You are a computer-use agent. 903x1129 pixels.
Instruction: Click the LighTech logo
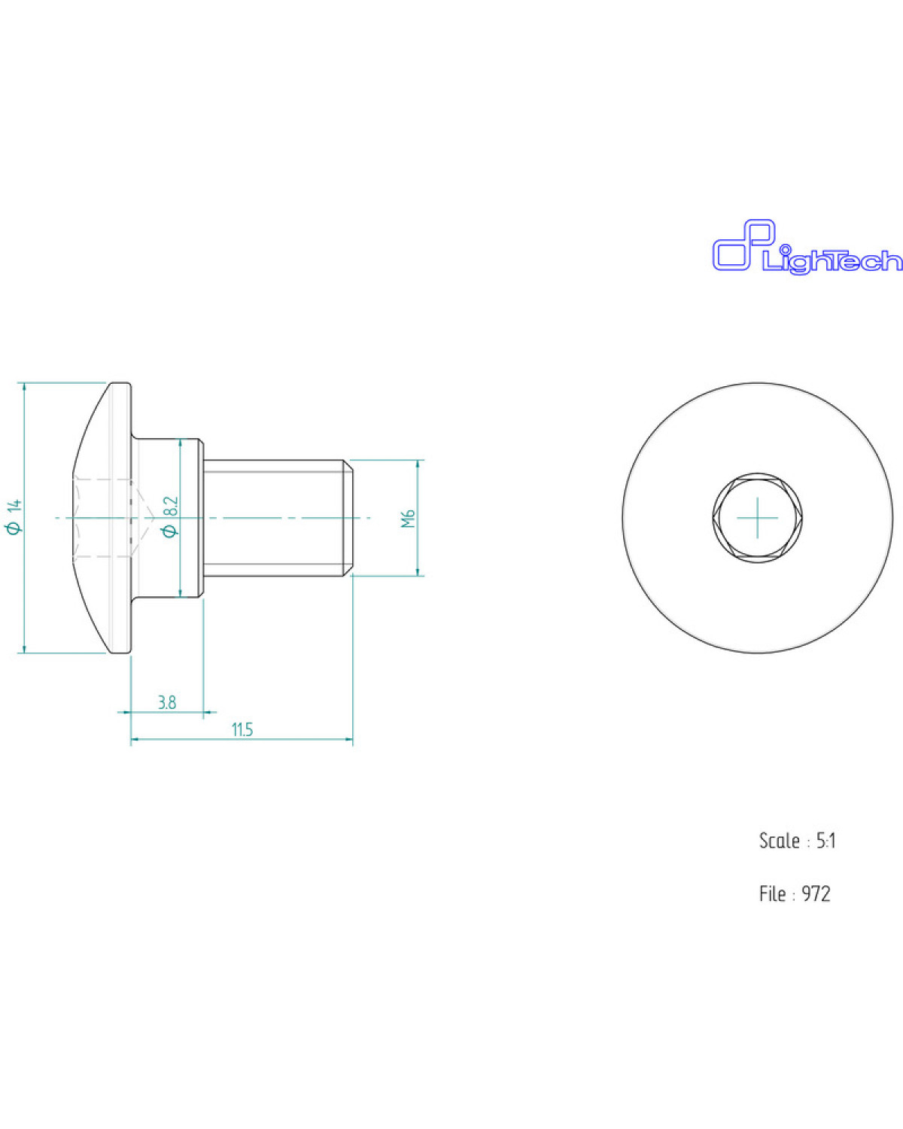click(807, 247)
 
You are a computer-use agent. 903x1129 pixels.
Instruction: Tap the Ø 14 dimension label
click(15, 517)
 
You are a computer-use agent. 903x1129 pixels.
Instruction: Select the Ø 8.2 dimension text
click(171, 517)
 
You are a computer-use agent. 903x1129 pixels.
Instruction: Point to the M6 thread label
click(409, 518)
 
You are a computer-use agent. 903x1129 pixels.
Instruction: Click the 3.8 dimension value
click(167, 702)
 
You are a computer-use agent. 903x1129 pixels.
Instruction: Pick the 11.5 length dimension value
click(242, 729)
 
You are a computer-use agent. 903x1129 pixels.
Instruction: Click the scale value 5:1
click(826, 841)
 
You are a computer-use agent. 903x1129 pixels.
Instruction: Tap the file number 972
click(816, 893)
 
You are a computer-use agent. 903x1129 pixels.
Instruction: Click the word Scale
click(779, 841)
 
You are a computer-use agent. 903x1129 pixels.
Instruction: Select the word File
click(772, 893)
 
